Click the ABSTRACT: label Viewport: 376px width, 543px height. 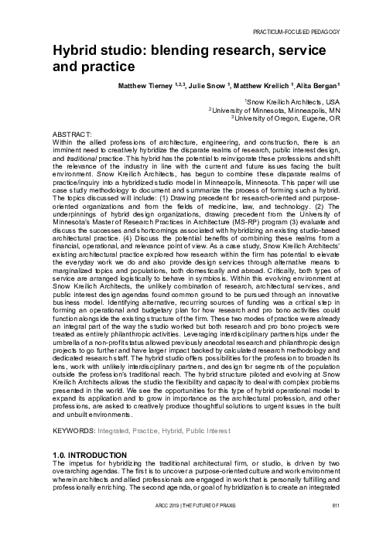click(70, 135)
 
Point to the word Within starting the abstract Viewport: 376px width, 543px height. click(62, 142)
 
